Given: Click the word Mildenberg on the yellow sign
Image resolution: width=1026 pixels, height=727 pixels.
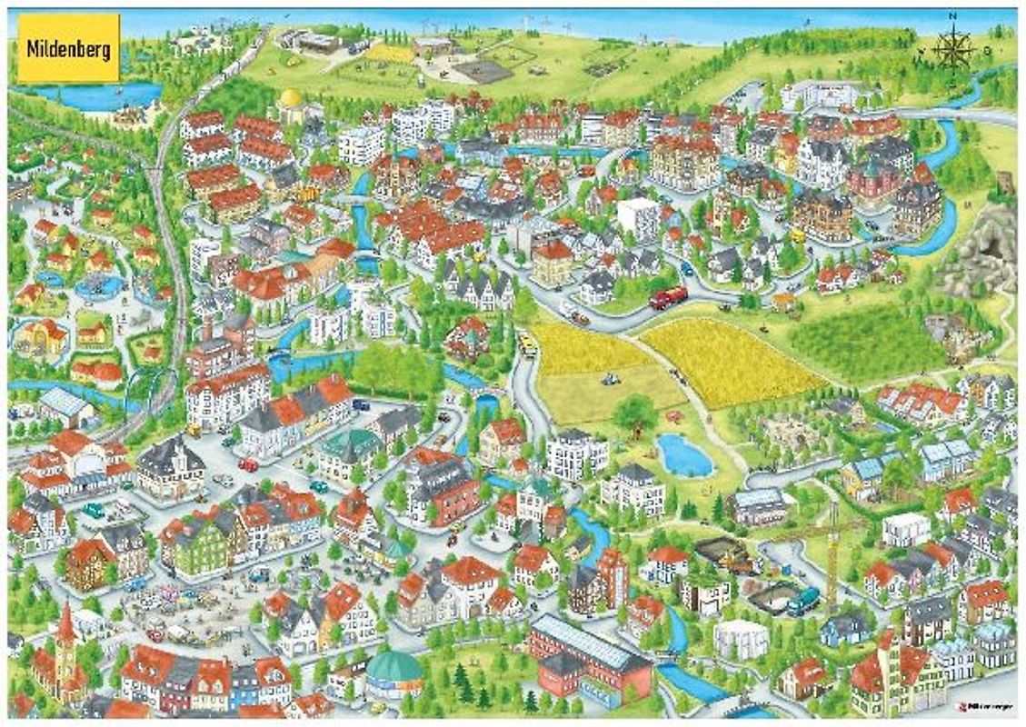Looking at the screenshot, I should (x=68, y=48).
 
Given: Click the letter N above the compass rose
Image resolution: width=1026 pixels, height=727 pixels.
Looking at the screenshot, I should (x=952, y=16).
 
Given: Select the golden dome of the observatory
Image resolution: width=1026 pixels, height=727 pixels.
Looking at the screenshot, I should (x=291, y=97).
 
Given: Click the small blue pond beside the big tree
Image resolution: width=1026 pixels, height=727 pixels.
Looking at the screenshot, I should (x=684, y=454).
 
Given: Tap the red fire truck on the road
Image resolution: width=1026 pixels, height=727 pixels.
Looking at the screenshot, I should (x=668, y=297).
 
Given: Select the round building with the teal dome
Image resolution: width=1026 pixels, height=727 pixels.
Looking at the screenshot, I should (x=393, y=670).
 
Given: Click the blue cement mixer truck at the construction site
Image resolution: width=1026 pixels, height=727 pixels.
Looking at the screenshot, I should (x=802, y=599).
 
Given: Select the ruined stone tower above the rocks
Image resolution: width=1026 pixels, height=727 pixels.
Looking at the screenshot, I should (x=1005, y=183).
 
